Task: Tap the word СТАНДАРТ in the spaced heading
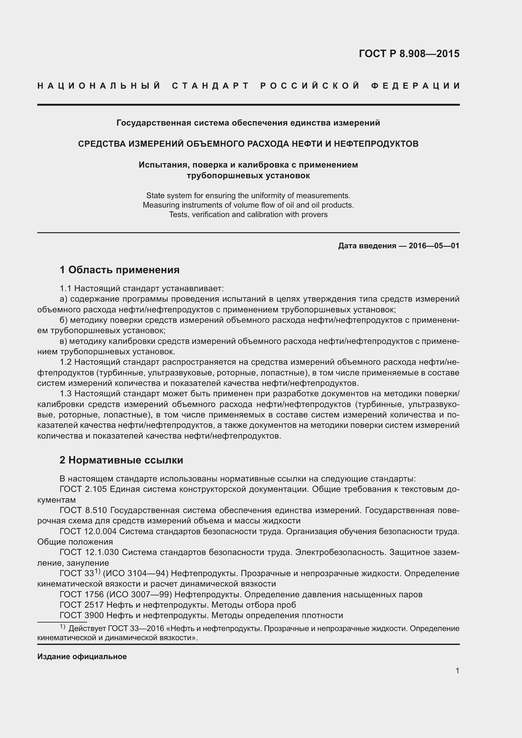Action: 211,86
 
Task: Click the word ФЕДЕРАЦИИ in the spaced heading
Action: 415,86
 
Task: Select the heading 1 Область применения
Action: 119,270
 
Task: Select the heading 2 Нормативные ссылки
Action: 121,460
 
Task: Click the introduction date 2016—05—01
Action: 434,246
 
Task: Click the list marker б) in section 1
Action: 63,320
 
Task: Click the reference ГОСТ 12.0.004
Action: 88,531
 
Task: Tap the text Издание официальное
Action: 82,657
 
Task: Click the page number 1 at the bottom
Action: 457,671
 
